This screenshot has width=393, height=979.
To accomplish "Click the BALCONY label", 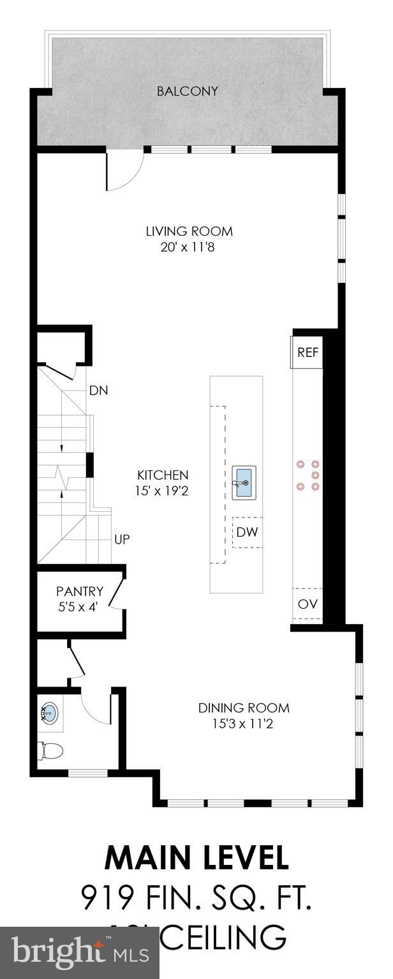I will (188, 91).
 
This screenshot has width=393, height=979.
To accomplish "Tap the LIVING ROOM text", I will (189, 231).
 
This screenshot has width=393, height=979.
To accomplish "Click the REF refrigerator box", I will (308, 352).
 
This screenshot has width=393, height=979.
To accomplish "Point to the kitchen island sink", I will (244, 482).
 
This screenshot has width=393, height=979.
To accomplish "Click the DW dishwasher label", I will (247, 532).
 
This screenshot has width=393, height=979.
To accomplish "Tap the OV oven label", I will (308, 604).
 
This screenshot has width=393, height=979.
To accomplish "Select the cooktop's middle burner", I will (315, 475).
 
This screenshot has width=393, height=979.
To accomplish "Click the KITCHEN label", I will (163, 475).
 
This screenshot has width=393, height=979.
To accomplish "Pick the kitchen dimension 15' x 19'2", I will (163, 491).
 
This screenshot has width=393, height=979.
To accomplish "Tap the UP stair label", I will (122, 539).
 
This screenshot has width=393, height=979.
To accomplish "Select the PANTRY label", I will (79, 591).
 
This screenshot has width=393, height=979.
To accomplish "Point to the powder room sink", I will (50, 713).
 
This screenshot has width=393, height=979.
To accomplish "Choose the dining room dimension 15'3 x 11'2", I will (235, 723).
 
